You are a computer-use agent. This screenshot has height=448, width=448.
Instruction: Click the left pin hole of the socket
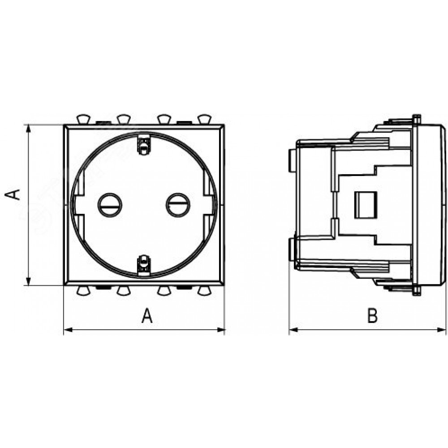[x=110, y=205]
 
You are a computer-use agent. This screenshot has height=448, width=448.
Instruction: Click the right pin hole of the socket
[x=178, y=205]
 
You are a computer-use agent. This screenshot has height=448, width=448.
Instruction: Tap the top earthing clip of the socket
[x=144, y=144]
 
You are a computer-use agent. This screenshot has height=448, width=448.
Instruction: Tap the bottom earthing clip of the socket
[x=144, y=265]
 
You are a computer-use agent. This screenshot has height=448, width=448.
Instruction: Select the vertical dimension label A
[x=13, y=194]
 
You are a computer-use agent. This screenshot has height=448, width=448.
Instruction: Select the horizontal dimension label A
[x=147, y=315]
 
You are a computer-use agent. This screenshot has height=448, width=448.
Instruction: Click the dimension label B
[x=373, y=315]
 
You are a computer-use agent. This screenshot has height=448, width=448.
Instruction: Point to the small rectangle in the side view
[x=366, y=205]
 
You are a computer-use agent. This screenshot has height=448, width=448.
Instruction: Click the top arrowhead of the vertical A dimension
[x=28, y=129]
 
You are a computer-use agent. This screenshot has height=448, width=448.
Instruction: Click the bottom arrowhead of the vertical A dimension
[x=28, y=281]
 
